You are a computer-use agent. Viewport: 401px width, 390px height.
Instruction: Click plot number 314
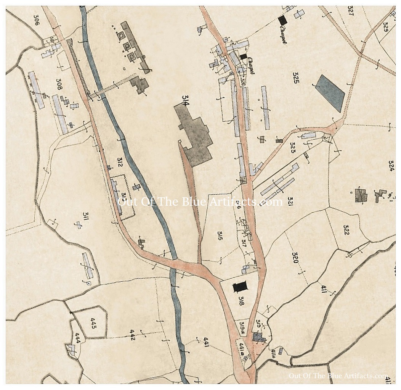coord(186,102)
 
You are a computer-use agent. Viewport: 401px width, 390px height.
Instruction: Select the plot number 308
coord(59,84)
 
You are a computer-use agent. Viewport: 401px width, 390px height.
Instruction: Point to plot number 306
coord(37,19)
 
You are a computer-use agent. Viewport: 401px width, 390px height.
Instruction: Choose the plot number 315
coord(220,236)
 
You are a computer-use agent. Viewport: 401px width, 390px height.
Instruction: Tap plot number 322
coord(346,230)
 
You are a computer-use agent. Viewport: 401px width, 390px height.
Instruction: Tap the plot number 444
coord(77,337)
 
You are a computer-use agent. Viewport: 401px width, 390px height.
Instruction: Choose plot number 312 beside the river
coord(120,164)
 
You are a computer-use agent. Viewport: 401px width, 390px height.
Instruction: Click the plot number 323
coord(292,147)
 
